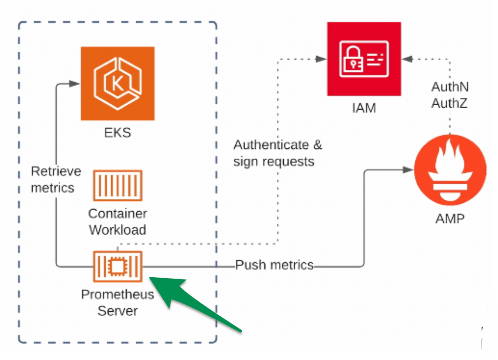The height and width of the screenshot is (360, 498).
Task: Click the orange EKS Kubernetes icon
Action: point(118,83)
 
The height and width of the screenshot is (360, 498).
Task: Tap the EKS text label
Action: point(118,132)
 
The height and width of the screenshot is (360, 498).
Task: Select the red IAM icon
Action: point(364,59)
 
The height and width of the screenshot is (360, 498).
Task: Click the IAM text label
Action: point(364,108)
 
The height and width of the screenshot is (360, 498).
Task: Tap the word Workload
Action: point(118,230)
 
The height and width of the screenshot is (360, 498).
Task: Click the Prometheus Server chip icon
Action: point(118,266)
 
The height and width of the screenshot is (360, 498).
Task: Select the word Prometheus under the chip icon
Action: point(118,294)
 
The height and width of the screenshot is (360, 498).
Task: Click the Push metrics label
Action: point(274,265)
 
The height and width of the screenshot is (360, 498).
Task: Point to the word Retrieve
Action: point(56,171)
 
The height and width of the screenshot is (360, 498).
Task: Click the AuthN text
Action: point(450,87)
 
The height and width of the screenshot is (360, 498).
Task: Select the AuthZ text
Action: point(450,103)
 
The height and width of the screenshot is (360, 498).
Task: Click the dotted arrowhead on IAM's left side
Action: point(321,59)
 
